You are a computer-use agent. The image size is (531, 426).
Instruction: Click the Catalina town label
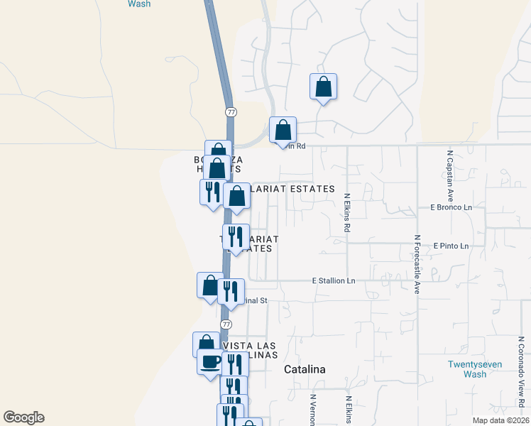click(x=305, y=369)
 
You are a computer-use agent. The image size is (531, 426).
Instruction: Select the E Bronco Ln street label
click(x=451, y=207)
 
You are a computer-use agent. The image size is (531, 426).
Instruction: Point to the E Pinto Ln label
click(x=451, y=246)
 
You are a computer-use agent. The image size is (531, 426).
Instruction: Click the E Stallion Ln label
click(x=334, y=281)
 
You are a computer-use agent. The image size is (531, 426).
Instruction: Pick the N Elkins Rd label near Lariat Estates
click(x=347, y=214)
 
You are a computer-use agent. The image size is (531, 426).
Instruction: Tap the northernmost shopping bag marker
click(x=323, y=87)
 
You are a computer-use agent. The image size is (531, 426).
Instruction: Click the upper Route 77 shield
click(x=231, y=112)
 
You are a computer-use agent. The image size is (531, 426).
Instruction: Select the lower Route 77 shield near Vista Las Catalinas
click(x=226, y=324)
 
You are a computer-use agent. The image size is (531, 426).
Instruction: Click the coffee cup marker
click(x=209, y=362)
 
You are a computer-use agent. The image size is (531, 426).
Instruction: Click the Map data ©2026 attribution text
click(x=500, y=420)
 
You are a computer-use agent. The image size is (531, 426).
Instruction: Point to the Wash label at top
click(x=140, y=4)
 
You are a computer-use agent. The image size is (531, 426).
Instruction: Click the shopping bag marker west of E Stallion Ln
click(x=210, y=285)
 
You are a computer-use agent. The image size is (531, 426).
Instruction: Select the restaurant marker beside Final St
click(x=231, y=292)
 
